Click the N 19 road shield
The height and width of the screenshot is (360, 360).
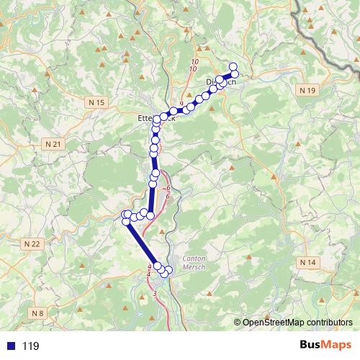[x=307, y=90]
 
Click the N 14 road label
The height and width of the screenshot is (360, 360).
[x=307, y=261]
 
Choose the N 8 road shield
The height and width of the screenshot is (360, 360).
[x=37, y=313]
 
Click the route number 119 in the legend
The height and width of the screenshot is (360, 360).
[x=30, y=346]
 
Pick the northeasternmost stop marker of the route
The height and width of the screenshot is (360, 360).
[x=233, y=66]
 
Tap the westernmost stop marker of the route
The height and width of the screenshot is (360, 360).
[x=126, y=215]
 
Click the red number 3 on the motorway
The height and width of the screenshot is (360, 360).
[x=155, y=294]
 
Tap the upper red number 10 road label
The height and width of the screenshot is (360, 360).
[x=194, y=62]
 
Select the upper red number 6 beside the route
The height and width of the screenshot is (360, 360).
[x=168, y=189]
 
